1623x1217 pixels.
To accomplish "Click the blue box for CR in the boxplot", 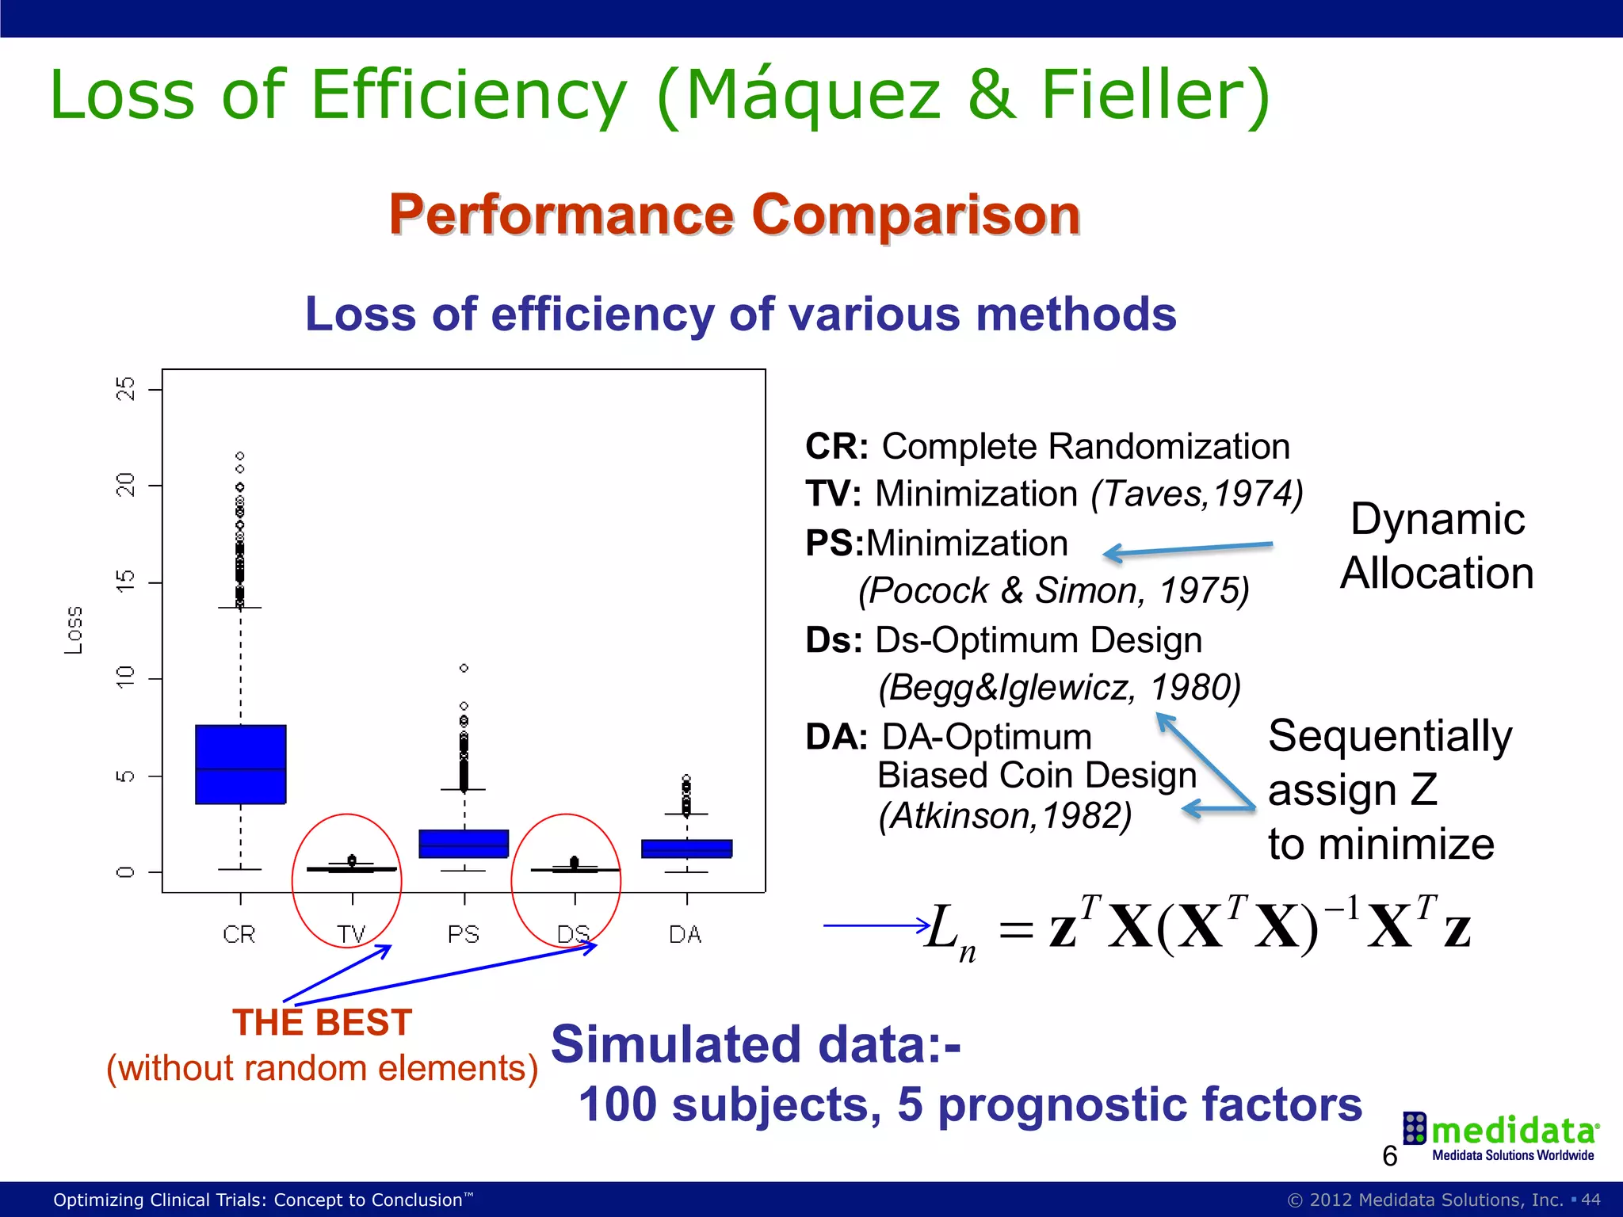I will click(241, 765).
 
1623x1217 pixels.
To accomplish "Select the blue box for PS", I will click(464, 844).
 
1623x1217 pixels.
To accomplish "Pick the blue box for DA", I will click(686, 849).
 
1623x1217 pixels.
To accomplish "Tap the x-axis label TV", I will click(352, 935).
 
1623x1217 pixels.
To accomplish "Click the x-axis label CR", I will click(239, 935).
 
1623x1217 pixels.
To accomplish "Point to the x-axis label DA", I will click(685, 935).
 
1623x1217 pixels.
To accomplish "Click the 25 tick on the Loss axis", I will click(126, 389).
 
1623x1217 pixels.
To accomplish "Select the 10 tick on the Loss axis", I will click(126, 678).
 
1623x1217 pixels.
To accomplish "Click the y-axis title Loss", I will click(74, 631).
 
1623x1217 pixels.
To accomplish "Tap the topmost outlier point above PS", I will click(464, 668).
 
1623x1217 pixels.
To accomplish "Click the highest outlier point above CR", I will click(240, 456).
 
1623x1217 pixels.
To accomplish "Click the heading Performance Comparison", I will click(735, 215).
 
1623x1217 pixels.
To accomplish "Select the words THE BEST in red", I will click(322, 1022).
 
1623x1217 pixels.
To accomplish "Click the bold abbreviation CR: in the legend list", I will click(837, 447).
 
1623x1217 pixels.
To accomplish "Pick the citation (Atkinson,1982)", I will click(1005, 816).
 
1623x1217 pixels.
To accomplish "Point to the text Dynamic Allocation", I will click(1437, 546).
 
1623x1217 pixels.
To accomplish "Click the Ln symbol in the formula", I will click(949, 930).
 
